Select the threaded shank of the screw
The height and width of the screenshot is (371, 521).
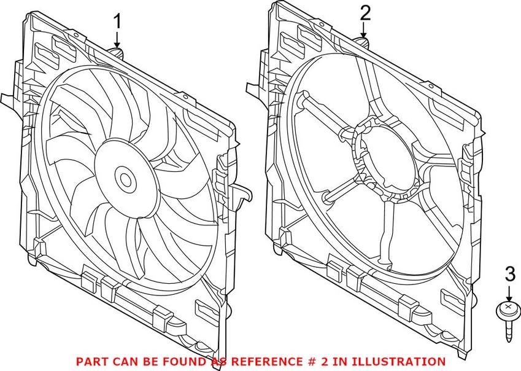tap(508, 329)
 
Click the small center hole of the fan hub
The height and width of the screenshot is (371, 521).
tap(127, 180)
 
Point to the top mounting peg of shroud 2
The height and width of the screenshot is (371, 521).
tap(363, 42)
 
